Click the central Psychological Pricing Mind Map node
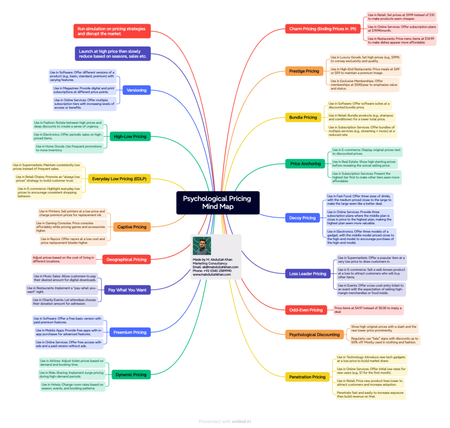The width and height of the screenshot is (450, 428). (218, 202)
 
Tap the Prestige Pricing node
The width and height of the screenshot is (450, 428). (304, 71)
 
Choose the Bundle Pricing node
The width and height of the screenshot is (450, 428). (303, 117)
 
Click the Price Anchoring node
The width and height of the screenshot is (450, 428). (305, 164)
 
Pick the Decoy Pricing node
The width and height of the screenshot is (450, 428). (302, 218)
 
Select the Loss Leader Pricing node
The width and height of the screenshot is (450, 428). (308, 274)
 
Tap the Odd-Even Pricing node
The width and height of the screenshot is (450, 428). (306, 310)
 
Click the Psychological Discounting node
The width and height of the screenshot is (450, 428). (314, 335)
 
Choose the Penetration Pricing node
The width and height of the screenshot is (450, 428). (307, 377)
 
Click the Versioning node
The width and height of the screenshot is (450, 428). (136, 90)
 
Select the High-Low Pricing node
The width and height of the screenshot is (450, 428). (130, 137)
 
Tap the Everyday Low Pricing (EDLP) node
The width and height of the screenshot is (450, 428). (119, 179)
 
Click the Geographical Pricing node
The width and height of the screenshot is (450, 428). (126, 260)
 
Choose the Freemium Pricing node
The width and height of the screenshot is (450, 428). (130, 333)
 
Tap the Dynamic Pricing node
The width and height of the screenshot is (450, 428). (131, 375)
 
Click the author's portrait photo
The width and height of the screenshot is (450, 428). (202, 246)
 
